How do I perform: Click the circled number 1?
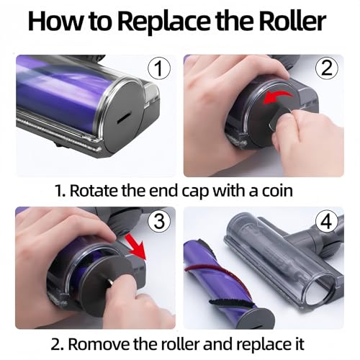(159, 68)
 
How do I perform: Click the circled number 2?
(327, 68)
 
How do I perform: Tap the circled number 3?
(159, 221)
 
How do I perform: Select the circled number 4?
(327, 222)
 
